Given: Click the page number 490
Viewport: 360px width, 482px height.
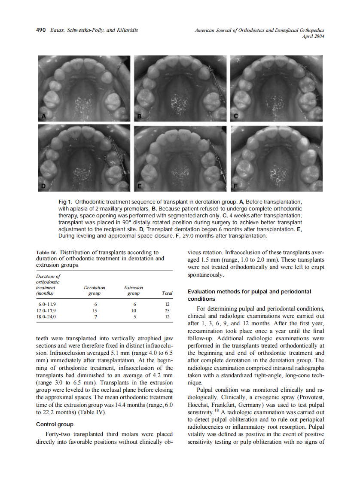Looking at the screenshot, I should click(x=41, y=30).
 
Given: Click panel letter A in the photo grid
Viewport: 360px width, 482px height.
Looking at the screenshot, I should click(x=43, y=116).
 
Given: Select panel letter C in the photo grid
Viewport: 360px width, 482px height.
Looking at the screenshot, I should click(x=235, y=116).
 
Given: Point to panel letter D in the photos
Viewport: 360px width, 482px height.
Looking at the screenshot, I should click(x=43, y=185).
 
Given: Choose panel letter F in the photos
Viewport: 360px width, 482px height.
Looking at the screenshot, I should click(x=235, y=185).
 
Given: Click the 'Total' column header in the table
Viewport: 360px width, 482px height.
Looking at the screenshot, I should click(x=167, y=293).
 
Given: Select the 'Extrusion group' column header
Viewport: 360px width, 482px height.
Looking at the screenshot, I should click(x=134, y=290).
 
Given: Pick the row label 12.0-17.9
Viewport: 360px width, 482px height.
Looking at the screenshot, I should click(x=47, y=311).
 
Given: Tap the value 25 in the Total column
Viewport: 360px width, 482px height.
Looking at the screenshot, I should click(x=168, y=311).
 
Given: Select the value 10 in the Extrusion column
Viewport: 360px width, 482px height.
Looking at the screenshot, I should click(x=134, y=311).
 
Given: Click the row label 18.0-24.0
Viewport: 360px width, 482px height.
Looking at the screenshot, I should click(x=47, y=317).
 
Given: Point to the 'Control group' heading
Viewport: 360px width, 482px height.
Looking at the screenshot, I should click(x=55, y=424).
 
